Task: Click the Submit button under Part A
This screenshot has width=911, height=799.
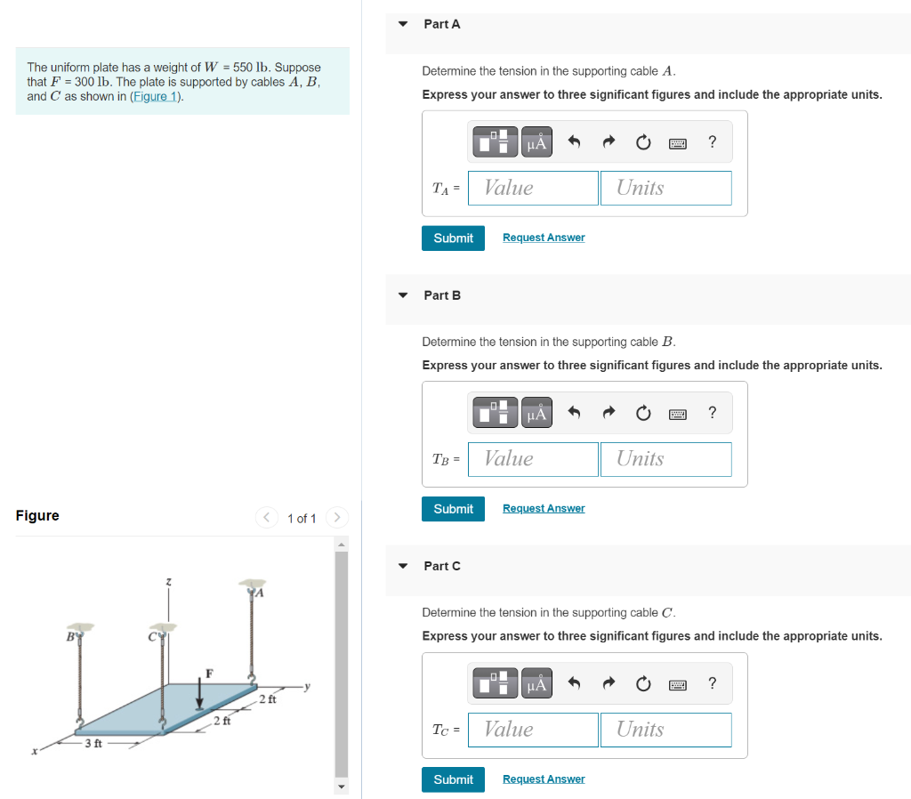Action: coord(453,238)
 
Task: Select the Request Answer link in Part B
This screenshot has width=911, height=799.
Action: coord(544,508)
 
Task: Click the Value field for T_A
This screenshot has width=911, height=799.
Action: coord(533,188)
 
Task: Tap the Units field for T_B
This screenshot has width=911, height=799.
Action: coord(665,459)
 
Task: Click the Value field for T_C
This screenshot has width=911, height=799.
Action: coord(533,730)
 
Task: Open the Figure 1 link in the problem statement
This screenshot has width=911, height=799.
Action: coord(155,96)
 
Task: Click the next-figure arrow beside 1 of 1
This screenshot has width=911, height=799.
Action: coord(337,517)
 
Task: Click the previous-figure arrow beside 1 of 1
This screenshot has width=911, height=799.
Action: coord(267,517)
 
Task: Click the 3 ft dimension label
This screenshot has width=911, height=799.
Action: coord(93,743)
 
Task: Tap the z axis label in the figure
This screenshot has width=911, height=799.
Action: coord(168,581)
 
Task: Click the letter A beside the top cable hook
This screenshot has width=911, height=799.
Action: coord(260,593)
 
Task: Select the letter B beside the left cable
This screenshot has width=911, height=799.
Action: coord(70,637)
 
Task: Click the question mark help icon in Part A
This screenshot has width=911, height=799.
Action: coord(713,141)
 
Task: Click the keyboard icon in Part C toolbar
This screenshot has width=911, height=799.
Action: coord(677,685)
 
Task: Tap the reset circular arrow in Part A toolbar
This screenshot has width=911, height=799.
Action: coord(643,142)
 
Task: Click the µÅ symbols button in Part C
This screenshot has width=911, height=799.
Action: coord(536,683)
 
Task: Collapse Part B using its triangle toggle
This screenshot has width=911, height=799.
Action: coord(403,295)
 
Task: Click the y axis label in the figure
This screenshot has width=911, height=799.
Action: coord(307,686)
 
